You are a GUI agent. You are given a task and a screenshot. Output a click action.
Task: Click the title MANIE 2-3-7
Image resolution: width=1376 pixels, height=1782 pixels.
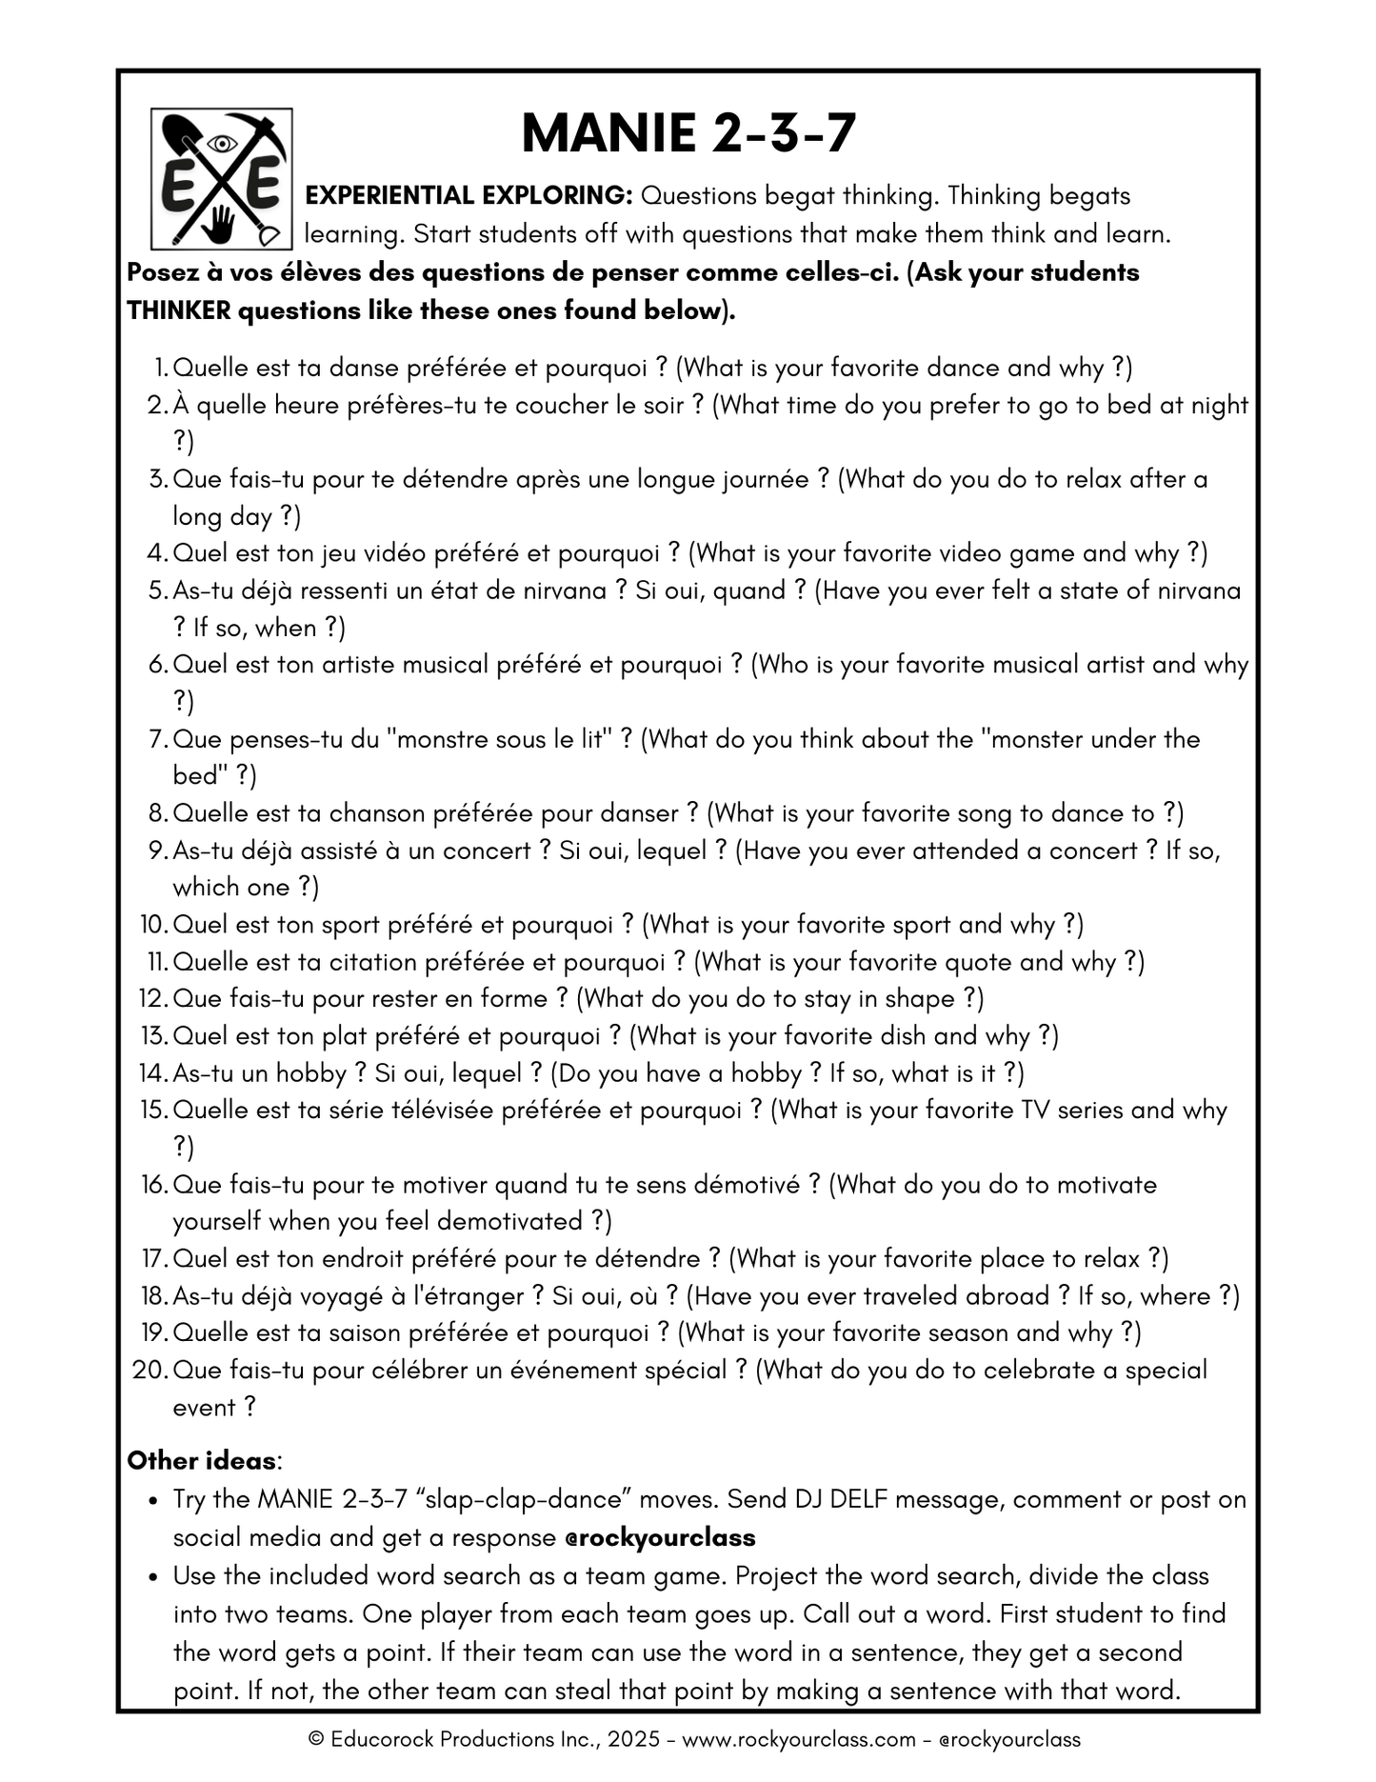tap(688, 133)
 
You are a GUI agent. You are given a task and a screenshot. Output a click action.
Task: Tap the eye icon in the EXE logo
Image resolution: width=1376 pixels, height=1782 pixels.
tap(222, 144)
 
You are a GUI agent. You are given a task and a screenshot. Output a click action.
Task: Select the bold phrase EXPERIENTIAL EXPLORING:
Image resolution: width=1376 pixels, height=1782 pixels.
tap(469, 196)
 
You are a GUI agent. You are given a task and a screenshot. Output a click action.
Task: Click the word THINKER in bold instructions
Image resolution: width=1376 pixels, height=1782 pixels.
tap(179, 311)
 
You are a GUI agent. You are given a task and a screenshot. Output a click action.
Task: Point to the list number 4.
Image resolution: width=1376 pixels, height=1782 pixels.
tap(157, 553)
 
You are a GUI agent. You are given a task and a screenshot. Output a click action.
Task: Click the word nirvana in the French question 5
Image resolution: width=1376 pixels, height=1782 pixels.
tap(560, 591)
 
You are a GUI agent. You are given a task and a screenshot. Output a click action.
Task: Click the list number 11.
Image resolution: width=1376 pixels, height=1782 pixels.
tap(157, 962)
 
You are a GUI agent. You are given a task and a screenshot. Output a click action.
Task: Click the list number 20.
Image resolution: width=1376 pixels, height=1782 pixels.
tap(150, 1371)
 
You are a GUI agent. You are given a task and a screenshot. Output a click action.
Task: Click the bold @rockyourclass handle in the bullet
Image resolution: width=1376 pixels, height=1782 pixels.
tap(660, 1538)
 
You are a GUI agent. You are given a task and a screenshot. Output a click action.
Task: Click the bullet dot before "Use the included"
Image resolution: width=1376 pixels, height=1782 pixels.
tap(152, 1577)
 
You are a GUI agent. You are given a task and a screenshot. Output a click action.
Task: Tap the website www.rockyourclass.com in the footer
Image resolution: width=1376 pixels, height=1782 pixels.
tap(799, 1739)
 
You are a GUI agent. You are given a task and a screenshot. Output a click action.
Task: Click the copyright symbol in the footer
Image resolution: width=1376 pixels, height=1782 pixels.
tap(317, 1739)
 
